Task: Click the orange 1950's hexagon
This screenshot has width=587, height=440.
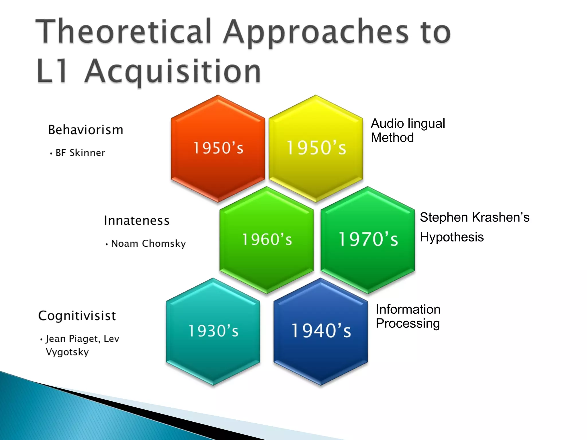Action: coord(218,148)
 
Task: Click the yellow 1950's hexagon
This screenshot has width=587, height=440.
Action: coord(316,148)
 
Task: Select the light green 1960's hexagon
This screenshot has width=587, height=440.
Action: coord(267,240)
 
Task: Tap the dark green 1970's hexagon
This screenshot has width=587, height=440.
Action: coord(368,240)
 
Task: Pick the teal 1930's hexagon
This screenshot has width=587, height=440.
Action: coord(213,331)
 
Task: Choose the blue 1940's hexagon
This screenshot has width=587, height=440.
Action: coord(321,331)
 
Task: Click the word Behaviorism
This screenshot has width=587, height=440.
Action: coord(86,130)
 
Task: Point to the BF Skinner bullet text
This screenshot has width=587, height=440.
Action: coord(80,153)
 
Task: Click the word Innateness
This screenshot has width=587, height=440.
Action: coord(137,221)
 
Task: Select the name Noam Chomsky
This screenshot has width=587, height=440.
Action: coord(148,244)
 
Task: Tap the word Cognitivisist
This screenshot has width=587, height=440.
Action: coord(77,316)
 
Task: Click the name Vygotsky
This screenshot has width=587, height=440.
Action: coord(67,352)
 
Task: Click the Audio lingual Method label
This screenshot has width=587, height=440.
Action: coord(407,131)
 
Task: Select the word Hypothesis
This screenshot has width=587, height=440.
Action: coord(452,237)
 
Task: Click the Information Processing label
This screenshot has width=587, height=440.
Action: coord(408,317)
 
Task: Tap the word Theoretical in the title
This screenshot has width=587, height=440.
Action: coord(123,32)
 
